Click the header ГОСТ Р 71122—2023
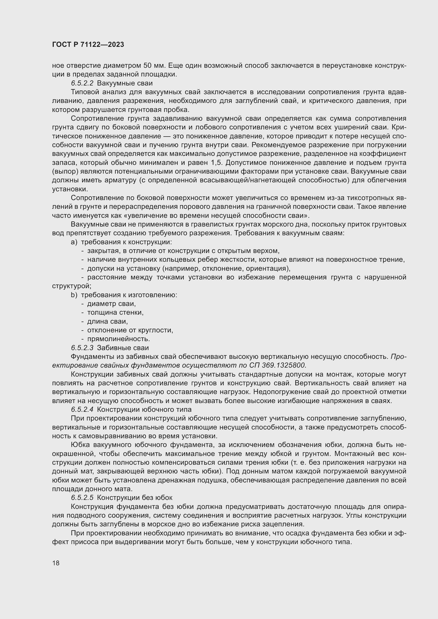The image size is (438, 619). (88, 45)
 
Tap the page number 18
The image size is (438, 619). (56, 563)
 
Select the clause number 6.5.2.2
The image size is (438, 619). (82, 83)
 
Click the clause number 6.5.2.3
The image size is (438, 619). (82, 348)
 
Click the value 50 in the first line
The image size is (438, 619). (148, 66)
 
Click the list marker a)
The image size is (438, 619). (74, 242)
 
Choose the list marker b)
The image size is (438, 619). (74, 295)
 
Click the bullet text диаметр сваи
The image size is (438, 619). (111, 304)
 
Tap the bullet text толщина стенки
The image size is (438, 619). (115, 313)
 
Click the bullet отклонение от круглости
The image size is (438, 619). (130, 330)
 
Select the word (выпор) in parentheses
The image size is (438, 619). (63, 172)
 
